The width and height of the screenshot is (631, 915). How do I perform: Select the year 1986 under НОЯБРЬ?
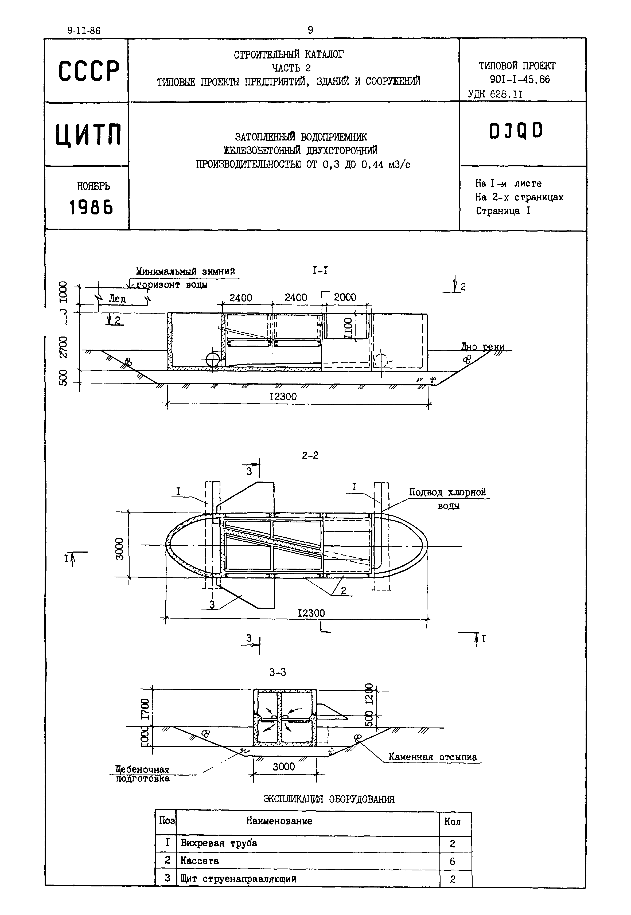coord(91,207)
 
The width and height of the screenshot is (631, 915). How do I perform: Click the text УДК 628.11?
coord(495,95)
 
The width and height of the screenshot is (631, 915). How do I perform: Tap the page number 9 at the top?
coord(310,30)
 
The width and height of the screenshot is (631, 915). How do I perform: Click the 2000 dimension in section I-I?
coord(345,297)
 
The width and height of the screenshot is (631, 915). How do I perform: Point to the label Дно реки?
coord(482,347)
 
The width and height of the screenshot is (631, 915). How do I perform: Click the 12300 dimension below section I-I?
coord(283,396)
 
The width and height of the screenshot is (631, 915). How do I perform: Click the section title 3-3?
coord(278,672)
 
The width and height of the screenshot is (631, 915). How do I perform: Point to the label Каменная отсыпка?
coord(433,757)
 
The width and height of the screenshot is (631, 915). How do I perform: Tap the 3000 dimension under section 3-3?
coord(284,767)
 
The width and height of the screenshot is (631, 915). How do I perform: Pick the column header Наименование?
coord(279,821)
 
